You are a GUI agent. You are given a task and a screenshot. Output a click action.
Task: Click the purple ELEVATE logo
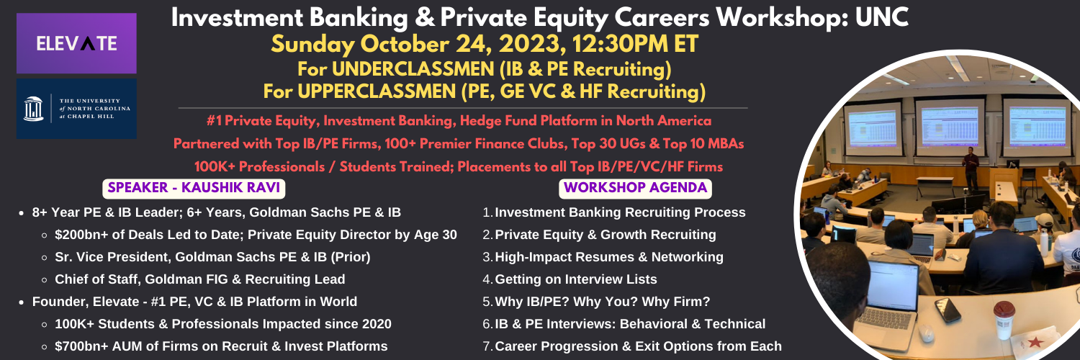(76, 43)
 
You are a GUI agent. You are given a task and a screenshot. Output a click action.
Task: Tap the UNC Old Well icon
(33, 109)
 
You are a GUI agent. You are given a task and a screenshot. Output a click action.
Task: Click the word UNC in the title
(882, 18)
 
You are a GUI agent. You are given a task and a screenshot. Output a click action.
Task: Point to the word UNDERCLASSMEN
(413, 69)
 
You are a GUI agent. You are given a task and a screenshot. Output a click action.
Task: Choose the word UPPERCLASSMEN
(377, 91)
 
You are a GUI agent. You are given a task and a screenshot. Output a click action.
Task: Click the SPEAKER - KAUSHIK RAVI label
(194, 188)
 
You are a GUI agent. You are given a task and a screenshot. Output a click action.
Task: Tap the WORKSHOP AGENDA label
(635, 188)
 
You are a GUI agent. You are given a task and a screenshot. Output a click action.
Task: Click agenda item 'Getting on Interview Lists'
(576, 279)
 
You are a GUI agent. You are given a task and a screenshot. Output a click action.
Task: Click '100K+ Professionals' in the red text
(259, 167)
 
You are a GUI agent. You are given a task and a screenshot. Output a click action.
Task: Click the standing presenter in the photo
(970, 168)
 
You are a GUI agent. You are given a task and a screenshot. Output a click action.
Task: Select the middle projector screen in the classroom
(950, 126)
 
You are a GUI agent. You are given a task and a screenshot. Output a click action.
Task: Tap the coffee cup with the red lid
(1004, 320)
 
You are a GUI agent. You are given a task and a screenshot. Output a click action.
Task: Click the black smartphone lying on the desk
(948, 310)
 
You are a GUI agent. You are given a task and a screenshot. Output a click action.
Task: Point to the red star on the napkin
(1035, 342)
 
